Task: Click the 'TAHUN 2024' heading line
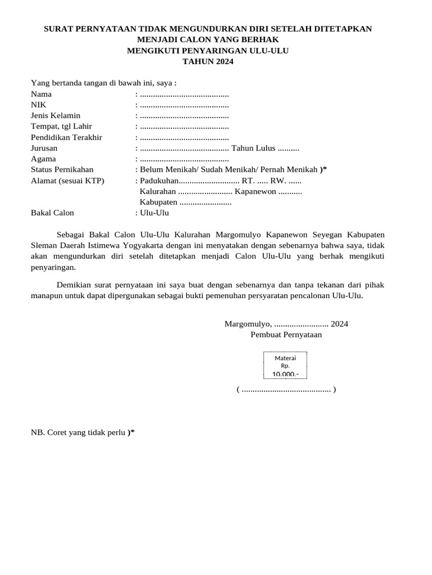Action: tap(208, 62)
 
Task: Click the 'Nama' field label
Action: tap(41, 94)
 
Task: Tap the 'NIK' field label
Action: tap(39, 105)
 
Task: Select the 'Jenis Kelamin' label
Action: tap(56, 116)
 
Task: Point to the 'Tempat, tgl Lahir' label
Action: tap(61, 126)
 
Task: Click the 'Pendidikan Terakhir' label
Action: tap(66, 138)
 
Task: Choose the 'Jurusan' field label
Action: tap(44, 148)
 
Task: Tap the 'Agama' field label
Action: tap(43, 159)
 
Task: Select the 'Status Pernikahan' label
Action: tap(62, 170)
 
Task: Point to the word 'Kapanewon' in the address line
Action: tap(255, 191)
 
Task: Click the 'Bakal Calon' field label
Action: tap(52, 213)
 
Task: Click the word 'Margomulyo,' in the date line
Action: tap(248, 324)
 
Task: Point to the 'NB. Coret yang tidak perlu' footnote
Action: tap(83, 432)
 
